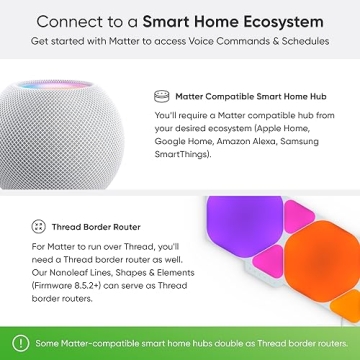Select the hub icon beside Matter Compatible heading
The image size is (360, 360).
point(162,98)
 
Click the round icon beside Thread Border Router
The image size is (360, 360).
point(38,226)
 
